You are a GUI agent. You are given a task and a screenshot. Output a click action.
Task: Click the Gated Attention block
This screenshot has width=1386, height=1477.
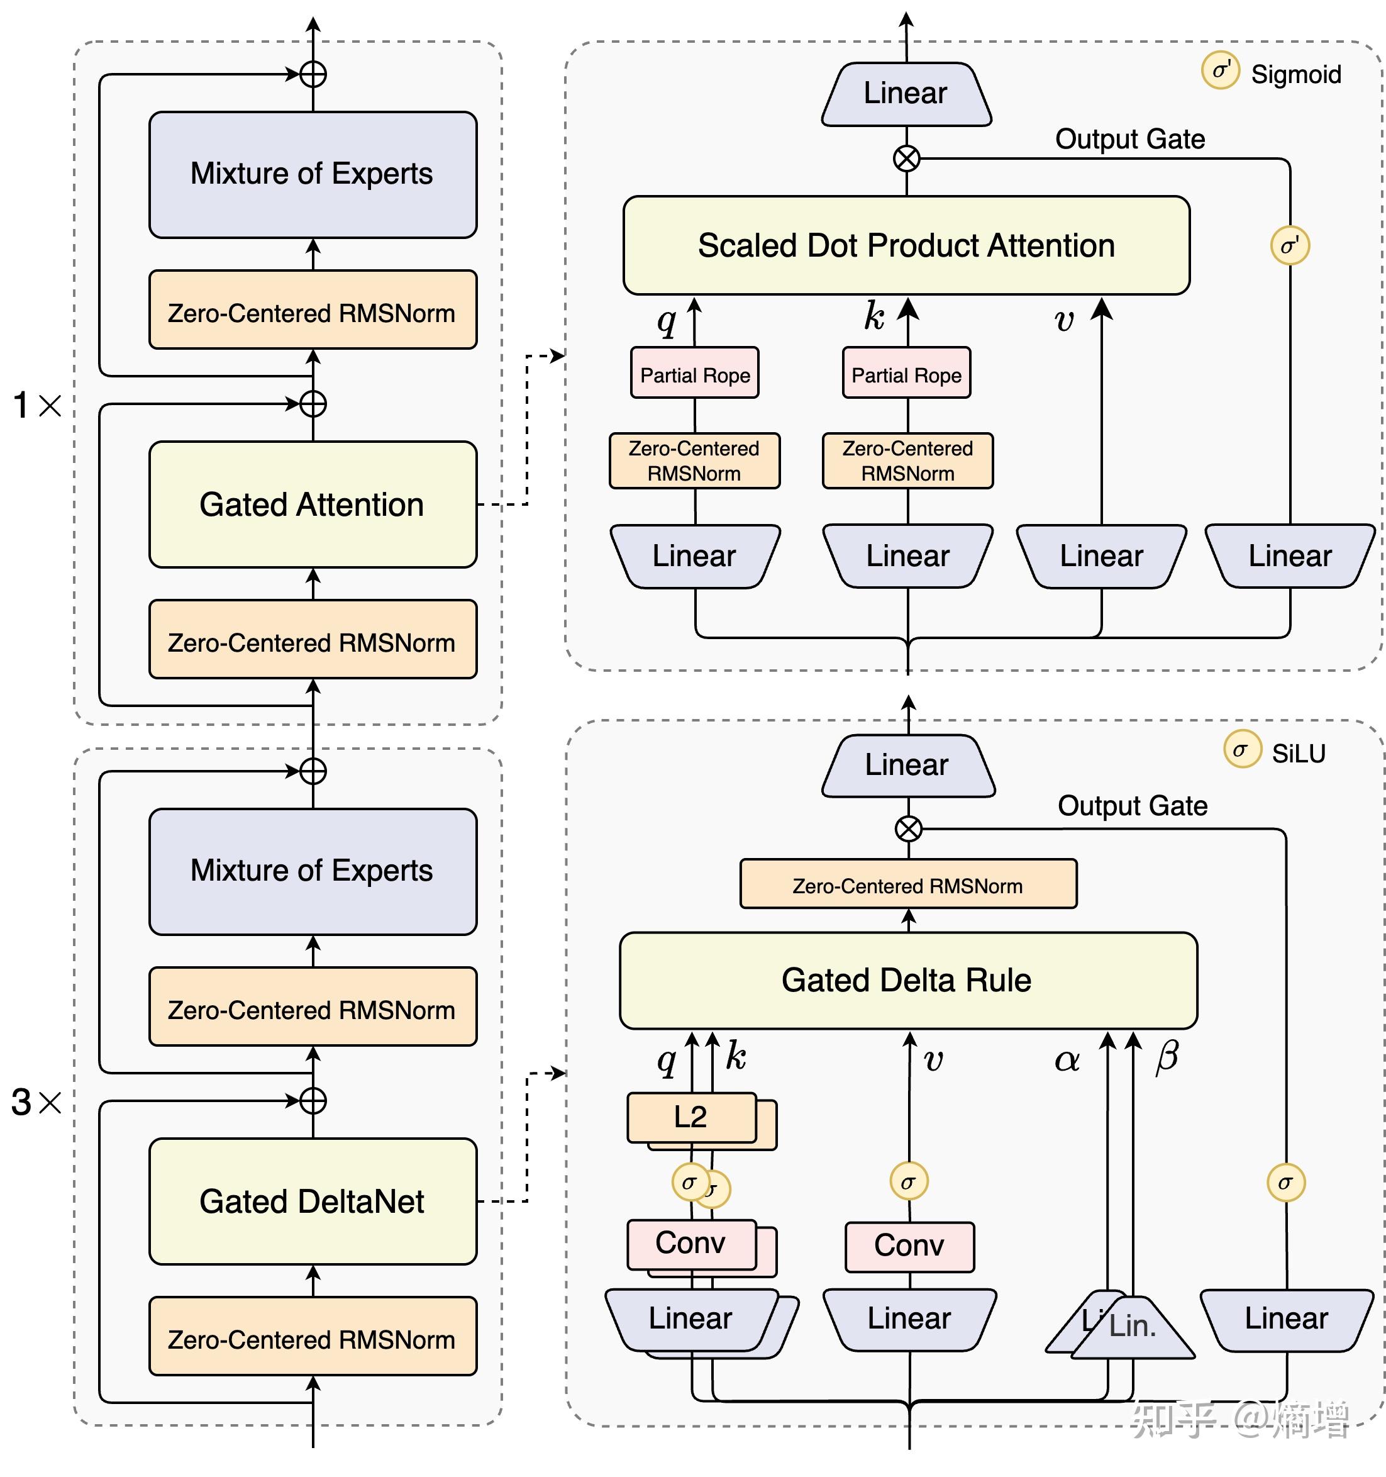(x=312, y=504)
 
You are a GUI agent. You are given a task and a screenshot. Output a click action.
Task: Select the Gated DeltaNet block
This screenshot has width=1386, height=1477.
(x=312, y=1201)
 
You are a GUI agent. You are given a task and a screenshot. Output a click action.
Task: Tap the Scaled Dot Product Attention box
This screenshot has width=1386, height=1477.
(x=906, y=245)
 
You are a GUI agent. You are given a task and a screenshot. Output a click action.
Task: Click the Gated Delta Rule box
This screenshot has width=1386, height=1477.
(x=907, y=980)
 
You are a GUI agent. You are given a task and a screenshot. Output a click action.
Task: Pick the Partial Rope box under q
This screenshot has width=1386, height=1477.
(x=694, y=374)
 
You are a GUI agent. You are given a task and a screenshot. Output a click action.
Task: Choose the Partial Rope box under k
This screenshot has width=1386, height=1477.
(x=906, y=374)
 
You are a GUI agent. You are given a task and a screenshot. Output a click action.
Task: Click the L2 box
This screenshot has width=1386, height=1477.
(x=690, y=1117)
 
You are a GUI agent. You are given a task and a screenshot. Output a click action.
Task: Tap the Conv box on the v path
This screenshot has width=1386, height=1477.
(x=909, y=1246)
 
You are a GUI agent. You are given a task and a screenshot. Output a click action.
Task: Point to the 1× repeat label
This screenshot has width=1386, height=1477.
(x=37, y=406)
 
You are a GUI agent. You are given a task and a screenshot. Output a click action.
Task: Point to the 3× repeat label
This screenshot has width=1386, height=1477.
(x=36, y=1103)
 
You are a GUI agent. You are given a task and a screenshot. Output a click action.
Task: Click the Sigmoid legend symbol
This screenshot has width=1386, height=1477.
(x=1221, y=71)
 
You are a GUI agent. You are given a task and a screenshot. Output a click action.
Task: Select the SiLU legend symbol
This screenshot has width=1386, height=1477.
(x=1242, y=750)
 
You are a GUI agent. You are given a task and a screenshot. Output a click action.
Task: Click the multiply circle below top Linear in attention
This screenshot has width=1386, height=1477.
(x=906, y=159)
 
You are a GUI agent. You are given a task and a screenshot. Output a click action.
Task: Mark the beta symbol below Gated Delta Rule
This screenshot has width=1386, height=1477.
(x=1167, y=1056)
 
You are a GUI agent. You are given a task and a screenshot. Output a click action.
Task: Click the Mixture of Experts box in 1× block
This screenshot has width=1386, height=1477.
(x=312, y=174)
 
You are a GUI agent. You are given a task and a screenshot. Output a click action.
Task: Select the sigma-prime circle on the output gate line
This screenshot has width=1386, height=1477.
(x=1289, y=245)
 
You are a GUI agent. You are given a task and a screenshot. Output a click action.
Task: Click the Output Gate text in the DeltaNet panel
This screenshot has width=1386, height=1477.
(x=1132, y=805)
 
